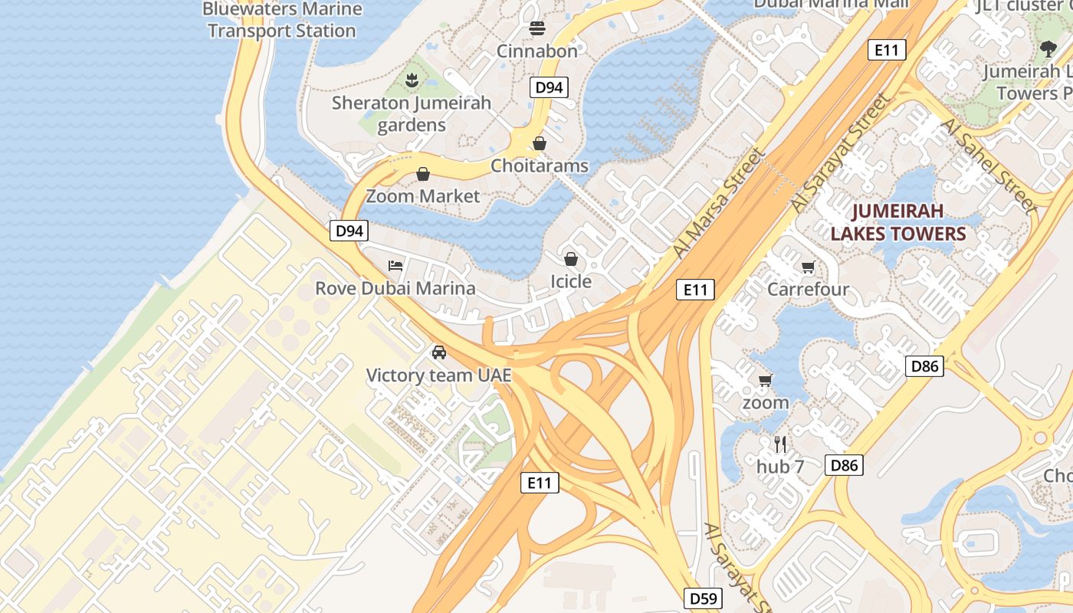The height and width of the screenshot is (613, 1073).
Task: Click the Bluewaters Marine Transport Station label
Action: pos(282,20)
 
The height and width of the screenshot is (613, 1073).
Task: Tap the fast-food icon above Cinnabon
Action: pos(537,28)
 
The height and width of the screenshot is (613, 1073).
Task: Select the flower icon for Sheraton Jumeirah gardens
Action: pos(412,80)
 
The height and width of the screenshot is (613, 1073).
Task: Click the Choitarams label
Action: pos(540,166)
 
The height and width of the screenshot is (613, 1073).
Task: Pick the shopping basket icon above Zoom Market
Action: pos(423,174)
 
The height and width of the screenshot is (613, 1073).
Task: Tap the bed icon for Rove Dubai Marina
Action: pos(395,266)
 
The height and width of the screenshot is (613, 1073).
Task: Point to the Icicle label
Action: pos(571,281)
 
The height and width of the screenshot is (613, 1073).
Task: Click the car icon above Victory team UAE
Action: pos(438,352)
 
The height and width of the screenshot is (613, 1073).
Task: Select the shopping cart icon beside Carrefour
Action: pos(808,267)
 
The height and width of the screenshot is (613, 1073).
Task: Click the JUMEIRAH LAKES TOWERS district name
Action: pos(898,222)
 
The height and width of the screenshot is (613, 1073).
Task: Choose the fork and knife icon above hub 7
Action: pos(780,444)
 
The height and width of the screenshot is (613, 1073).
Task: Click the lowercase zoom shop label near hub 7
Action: pos(765,402)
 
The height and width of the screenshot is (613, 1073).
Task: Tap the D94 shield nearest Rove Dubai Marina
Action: pos(349,231)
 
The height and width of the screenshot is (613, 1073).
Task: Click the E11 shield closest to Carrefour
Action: pos(695,290)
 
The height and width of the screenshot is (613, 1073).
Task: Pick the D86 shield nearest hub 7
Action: pos(844,464)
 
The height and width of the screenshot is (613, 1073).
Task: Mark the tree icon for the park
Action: pos(1048,49)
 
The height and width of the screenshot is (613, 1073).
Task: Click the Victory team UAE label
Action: pos(438,375)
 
